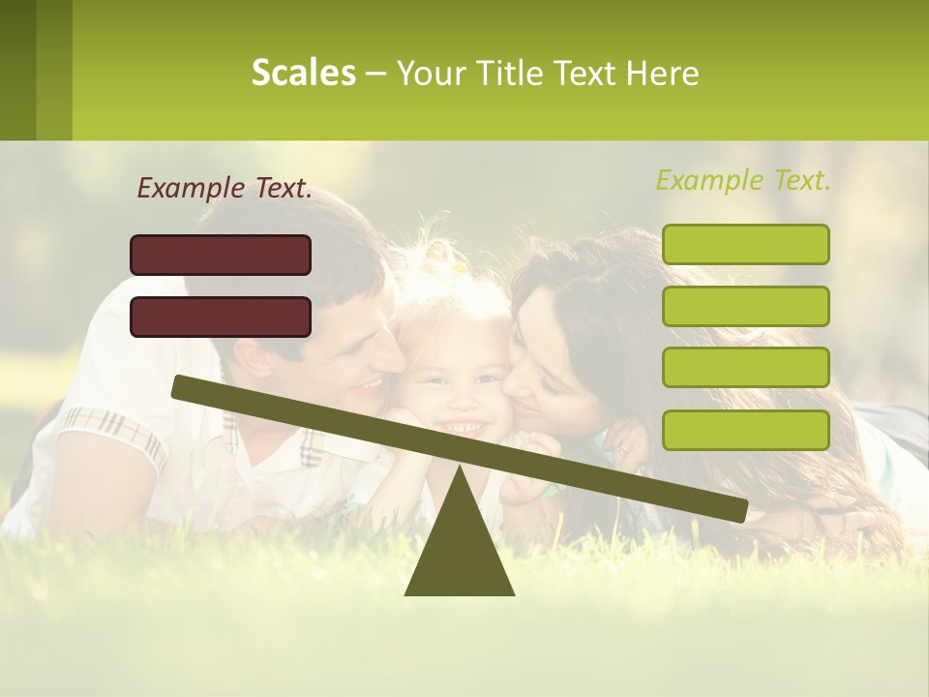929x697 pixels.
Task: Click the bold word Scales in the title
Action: click(x=303, y=73)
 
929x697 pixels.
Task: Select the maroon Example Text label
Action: click(x=225, y=189)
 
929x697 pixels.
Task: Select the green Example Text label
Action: click(x=743, y=180)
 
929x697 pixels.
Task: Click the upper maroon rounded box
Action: click(x=221, y=255)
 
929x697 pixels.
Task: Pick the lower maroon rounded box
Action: click(x=221, y=317)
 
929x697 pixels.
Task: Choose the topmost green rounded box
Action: click(x=745, y=244)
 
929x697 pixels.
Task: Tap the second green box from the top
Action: click(x=745, y=306)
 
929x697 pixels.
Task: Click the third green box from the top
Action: click(x=745, y=368)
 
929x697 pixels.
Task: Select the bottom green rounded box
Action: click(x=745, y=430)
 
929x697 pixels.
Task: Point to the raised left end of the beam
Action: click(x=180, y=386)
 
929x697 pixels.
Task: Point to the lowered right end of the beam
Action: click(x=739, y=510)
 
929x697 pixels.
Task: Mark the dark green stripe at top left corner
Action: click(x=17, y=70)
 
